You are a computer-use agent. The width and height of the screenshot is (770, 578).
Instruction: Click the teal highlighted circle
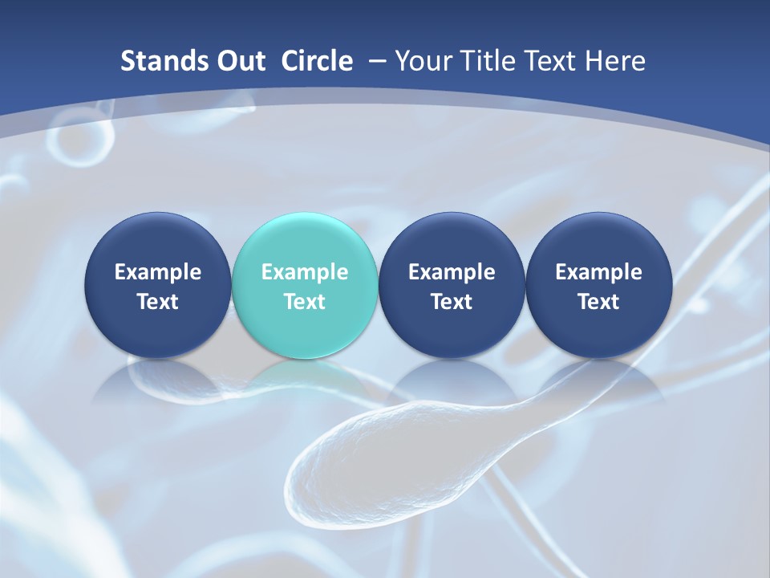coord(305,285)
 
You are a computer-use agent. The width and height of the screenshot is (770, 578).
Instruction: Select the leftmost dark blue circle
coord(157,285)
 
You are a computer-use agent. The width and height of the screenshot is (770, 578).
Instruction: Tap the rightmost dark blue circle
coord(598,285)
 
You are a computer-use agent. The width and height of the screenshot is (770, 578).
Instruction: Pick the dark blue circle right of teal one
coord(452,285)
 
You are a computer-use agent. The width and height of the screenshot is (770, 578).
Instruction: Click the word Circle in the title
coord(317,61)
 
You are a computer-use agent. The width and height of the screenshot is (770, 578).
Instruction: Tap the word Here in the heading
coord(615,61)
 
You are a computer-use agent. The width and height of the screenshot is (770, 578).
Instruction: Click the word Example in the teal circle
coord(305,272)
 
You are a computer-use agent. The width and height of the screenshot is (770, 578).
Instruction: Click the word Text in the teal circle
coord(305,302)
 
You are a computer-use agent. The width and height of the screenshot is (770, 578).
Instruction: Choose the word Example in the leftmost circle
coord(157,272)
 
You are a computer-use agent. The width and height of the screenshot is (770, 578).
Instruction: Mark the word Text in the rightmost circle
coord(598,302)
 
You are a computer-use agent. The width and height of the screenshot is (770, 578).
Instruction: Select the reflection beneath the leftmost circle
coord(157,377)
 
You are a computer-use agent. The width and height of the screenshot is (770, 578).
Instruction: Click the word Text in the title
coord(553,61)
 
